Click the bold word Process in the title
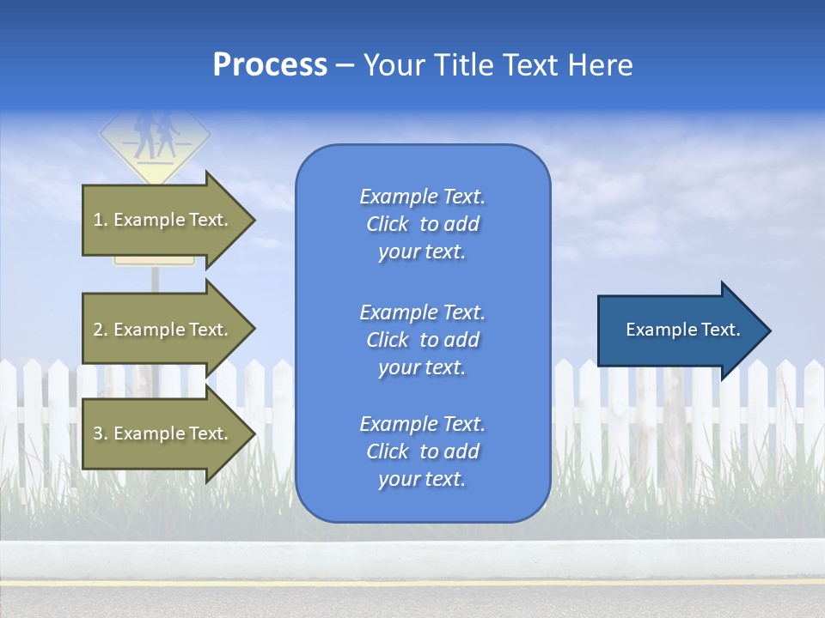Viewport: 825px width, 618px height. pos(270,65)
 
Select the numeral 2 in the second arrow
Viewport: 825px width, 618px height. pos(98,330)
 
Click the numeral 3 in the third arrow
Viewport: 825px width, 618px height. pos(98,433)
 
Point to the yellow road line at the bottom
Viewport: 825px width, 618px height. pos(412,583)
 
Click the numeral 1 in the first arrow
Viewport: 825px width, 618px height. pos(98,220)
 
